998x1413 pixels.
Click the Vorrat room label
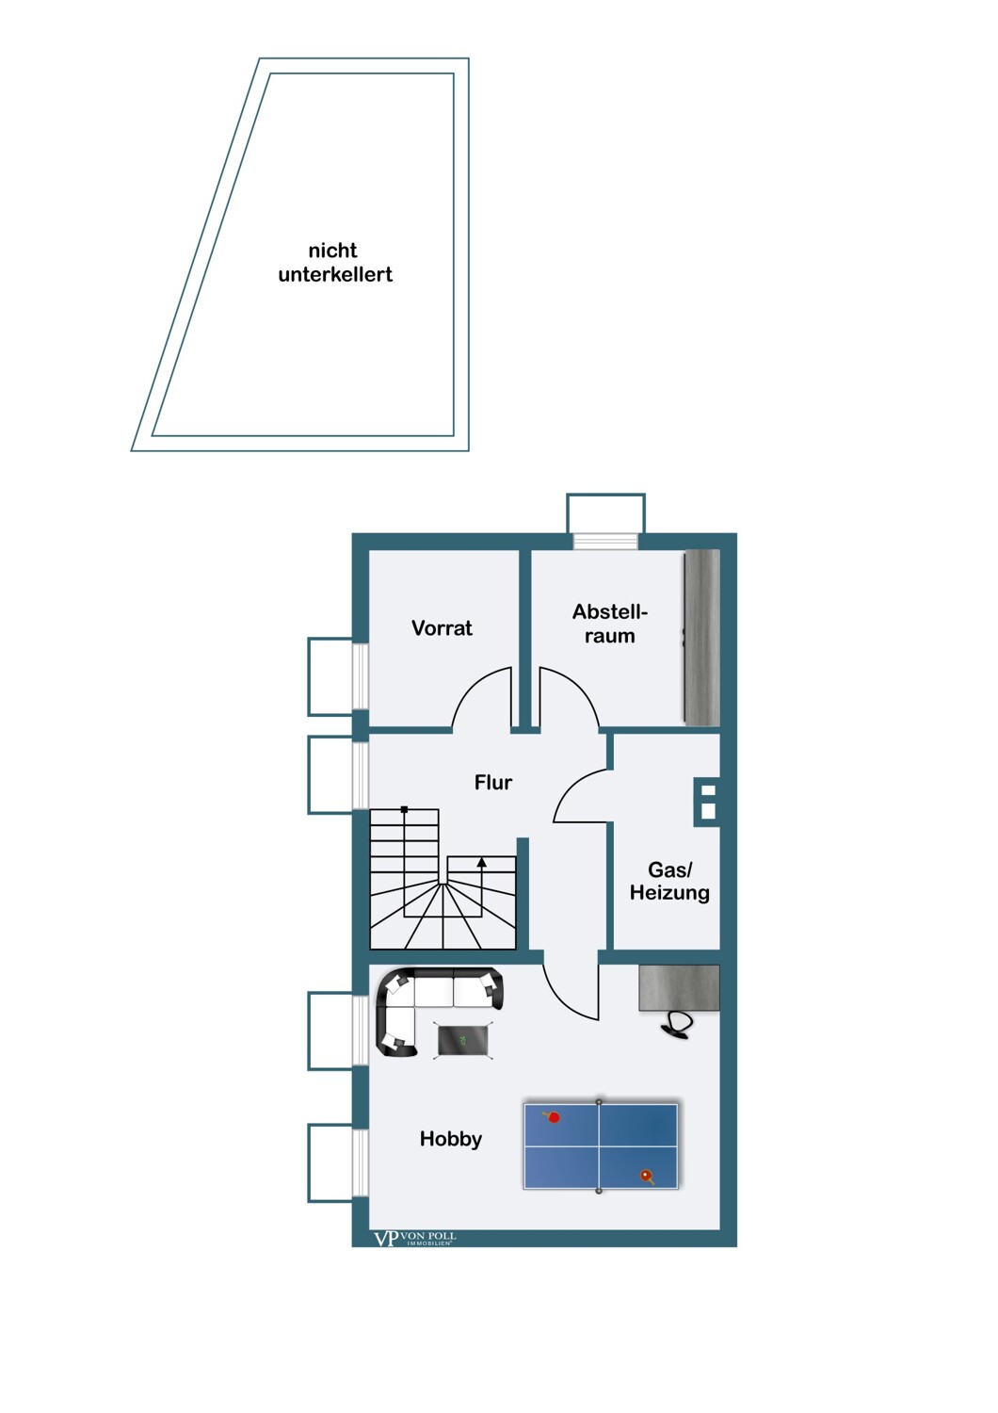(442, 627)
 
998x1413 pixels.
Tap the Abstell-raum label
(610, 624)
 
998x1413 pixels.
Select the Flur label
(493, 782)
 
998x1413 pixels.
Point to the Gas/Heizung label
(669, 881)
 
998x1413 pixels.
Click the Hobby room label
(451, 1139)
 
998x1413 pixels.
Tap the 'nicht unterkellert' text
(335, 263)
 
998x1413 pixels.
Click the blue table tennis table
(600, 1145)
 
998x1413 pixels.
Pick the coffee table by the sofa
(462, 1040)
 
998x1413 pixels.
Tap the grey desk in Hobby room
(679, 988)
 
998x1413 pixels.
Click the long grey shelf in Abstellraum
(702, 637)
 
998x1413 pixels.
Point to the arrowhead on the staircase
(482, 861)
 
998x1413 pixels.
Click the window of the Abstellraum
(605, 542)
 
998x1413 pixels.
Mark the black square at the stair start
(404, 808)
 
